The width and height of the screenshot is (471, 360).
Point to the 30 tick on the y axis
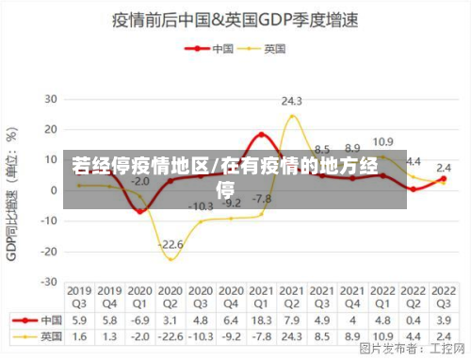click(x=51, y=98)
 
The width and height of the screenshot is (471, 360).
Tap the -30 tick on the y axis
click(x=48, y=282)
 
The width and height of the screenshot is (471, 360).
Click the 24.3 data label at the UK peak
click(x=291, y=101)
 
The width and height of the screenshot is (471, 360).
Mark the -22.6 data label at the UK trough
click(x=171, y=245)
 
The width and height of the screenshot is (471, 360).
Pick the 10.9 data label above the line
click(x=382, y=142)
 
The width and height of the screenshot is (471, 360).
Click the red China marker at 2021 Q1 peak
click(x=261, y=135)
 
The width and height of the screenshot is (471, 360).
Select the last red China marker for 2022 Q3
click(x=443, y=178)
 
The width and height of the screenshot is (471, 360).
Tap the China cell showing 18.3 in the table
click(x=261, y=320)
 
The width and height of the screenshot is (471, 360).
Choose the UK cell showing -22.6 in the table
click(x=171, y=335)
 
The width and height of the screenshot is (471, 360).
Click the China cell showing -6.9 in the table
click(x=140, y=320)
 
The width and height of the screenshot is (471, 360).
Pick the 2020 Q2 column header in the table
click(x=171, y=297)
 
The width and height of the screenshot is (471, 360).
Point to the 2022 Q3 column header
click(x=443, y=297)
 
